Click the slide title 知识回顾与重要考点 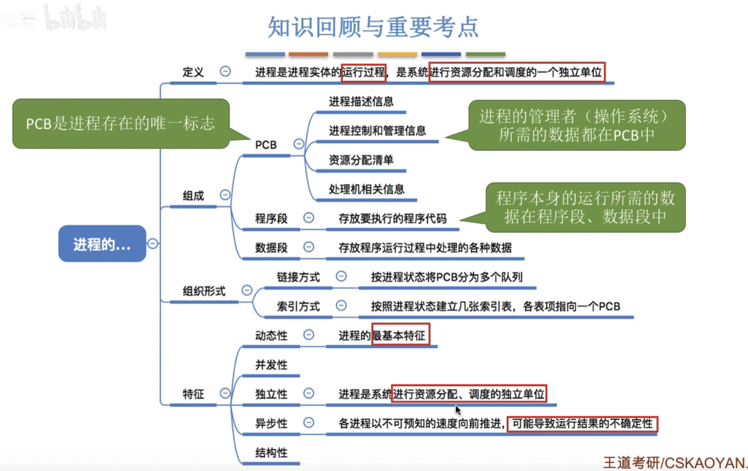click(x=373, y=27)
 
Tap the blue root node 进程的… click(x=102, y=244)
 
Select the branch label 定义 click(x=193, y=72)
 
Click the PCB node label click(x=265, y=145)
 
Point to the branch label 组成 click(x=193, y=196)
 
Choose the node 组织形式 click(x=204, y=291)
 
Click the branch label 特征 click(x=193, y=394)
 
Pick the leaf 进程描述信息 click(x=361, y=101)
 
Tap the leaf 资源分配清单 click(x=361, y=160)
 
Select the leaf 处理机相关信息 click(x=366, y=189)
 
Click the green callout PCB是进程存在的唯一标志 click(x=121, y=124)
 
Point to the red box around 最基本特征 click(x=400, y=335)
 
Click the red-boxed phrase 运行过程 click(x=363, y=72)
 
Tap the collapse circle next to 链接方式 click(x=341, y=276)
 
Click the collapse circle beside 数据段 click(x=309, y=247)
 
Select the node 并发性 click(x=271, y=365)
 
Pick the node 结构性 click(x=271, y=452)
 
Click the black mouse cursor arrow click(x=458, y=410)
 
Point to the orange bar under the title click(x=308, y=54)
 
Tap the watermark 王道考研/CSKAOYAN click(x=674, y=462)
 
